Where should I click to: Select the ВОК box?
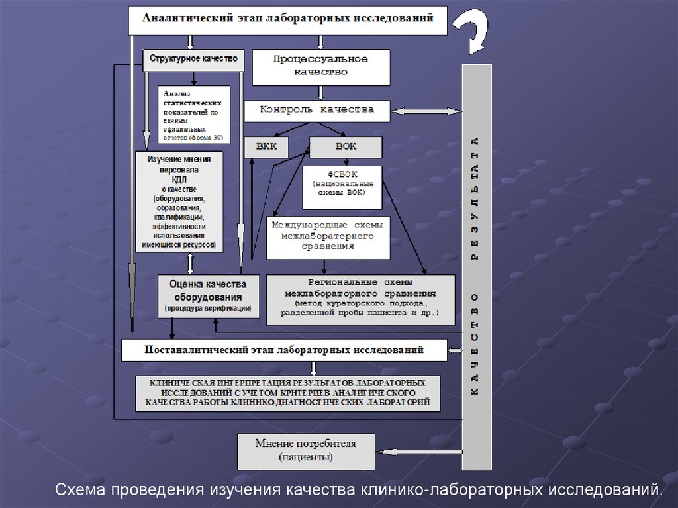coord(346,147)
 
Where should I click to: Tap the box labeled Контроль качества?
coord(316,111)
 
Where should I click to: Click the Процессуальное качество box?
coord(320,67)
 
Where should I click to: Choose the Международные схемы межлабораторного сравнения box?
coord(327,237)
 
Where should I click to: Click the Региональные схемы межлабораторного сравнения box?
coord(360,299)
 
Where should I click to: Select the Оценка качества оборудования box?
coord(208,295)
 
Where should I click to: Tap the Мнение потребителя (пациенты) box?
coord(306,451)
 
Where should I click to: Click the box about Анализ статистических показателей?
coord(194,115)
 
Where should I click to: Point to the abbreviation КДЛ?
coord(179,179)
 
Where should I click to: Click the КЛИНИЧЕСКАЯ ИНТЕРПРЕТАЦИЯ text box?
coord(287,393)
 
